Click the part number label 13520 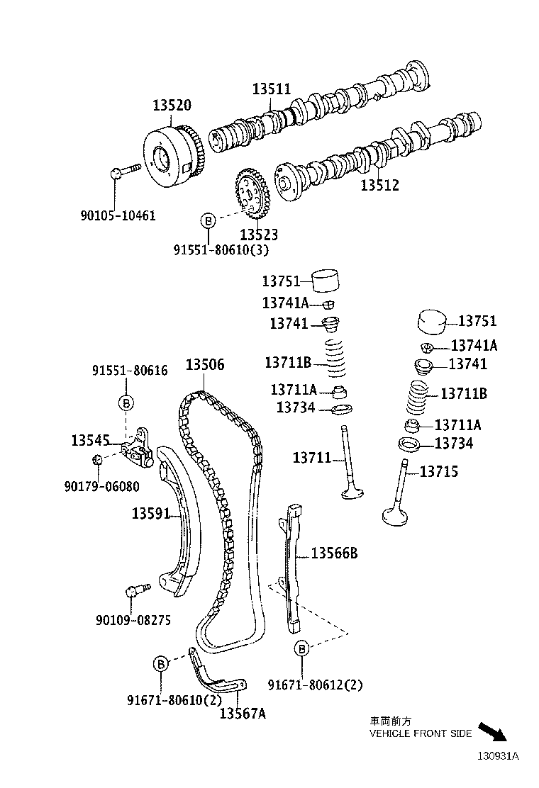click(x=172, y=106)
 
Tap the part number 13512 click(x=379, y=186)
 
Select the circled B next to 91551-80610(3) click(x=208, y=221)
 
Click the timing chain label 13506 click(x=205, y=365)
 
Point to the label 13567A click(x=242, y=714)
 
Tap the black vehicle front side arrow click(x=493, y=732)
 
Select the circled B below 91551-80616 click(x=126, y=403)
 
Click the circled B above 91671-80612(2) click(x=301, y=648)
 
